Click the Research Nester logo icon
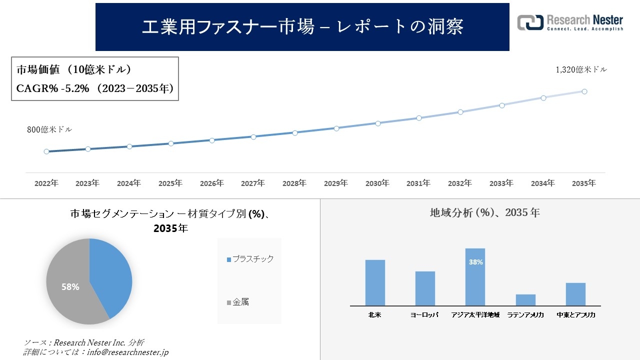tap(530, 22)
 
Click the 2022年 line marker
tap(46, 151)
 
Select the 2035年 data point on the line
tap(584, 91)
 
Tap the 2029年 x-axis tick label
tap(336, 183)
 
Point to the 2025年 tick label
tap(170, 183)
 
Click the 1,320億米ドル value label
tap(581, 70)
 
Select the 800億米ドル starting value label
tap(49, 129)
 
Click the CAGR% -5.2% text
tap(52, 88)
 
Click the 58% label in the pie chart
tap(70, 287)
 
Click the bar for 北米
tap(375, 282)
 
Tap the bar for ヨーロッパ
tap(425, 288)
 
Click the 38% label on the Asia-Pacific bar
tap(475, 262)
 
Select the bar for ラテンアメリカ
tap(525, 300)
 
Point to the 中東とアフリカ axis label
tap(575, 315)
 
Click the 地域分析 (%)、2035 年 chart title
tap(484, 212)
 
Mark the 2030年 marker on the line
tap(377, 123)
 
